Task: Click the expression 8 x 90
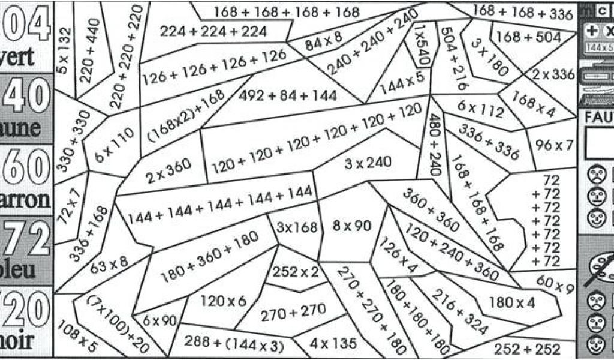point(352,226)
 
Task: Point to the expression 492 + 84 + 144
point(287,95)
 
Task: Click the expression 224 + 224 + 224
point(206,31)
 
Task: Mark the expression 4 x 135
point(334,344)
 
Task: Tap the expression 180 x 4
point(512,302)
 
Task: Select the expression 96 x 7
point(555,145)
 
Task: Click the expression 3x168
point(296,227)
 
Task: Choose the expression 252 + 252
point(527,349)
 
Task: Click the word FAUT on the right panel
point(598,119)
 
